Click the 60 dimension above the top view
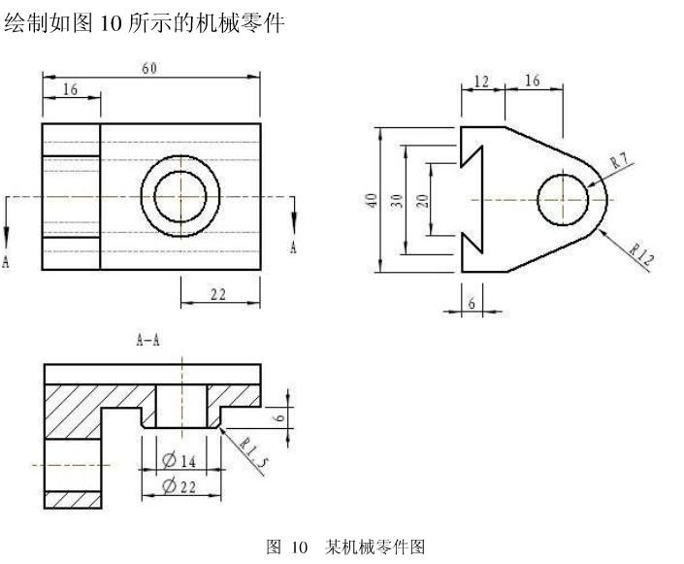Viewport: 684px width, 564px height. [149, 68]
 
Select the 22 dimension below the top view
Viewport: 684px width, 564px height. [219, 294]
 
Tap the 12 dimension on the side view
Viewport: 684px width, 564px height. [482, 82]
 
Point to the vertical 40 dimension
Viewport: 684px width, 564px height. [371, 200]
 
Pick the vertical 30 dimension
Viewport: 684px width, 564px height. [396, 200]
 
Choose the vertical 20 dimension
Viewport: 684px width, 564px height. [422, 200]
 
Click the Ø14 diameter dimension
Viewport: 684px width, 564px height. [179, 460]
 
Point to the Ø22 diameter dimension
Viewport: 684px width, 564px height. [179, 486]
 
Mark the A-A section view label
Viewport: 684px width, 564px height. [148, 340]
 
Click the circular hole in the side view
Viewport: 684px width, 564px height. [563, 198]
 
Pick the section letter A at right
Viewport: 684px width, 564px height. [293, 249]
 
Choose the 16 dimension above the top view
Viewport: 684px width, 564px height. [70, 89]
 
